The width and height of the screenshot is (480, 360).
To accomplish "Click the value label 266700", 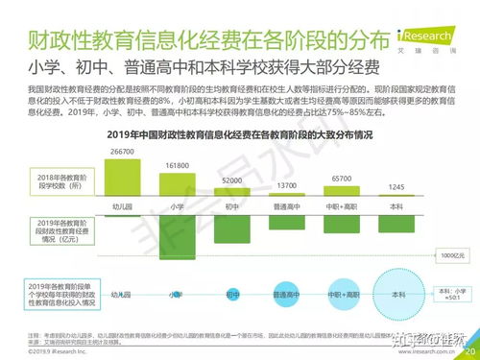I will (x=121, y=152).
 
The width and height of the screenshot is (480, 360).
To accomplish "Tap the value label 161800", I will (x=176, y=165).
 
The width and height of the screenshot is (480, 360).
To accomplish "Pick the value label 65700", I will (x=342, y=179).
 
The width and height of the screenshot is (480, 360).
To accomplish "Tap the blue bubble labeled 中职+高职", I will (x=342, y=294).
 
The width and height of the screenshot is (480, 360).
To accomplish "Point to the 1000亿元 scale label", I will (x=453, y=255).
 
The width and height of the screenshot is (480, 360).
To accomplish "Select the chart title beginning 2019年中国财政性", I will (x=239, y=135).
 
